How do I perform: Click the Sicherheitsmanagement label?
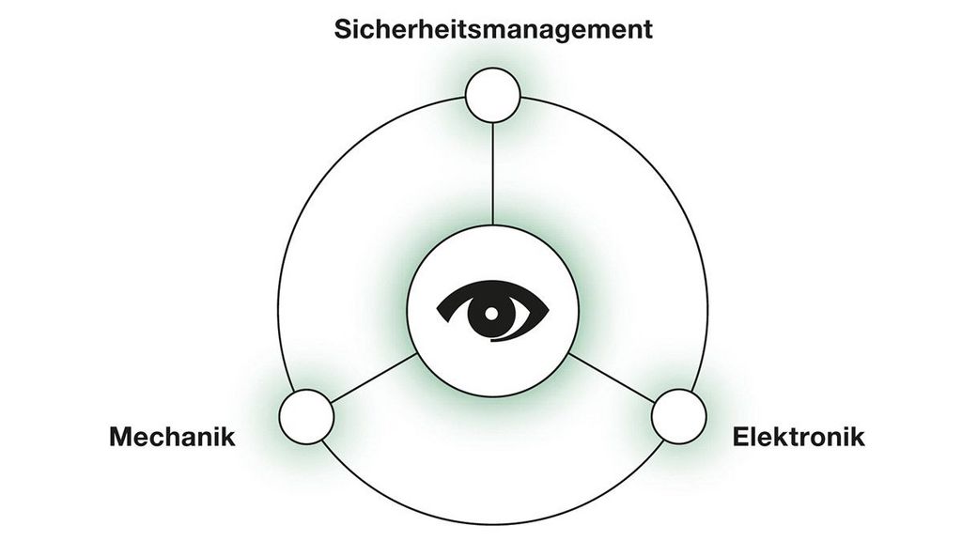[493, 30]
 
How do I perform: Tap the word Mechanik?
[173, 437]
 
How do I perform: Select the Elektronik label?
[799, 437]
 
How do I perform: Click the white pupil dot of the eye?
[491, 313]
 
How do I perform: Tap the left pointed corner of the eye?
[438, 310]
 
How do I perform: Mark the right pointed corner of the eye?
[548, 310]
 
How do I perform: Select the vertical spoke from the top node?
[492, 174]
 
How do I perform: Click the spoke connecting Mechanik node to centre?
[373, 379]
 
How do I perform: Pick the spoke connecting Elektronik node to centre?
[612, 379]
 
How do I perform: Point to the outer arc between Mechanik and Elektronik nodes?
[492, 524]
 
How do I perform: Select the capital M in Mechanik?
[122, 437]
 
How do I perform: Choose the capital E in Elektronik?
[742, 437]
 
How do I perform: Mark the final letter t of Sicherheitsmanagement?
[647, 31]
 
